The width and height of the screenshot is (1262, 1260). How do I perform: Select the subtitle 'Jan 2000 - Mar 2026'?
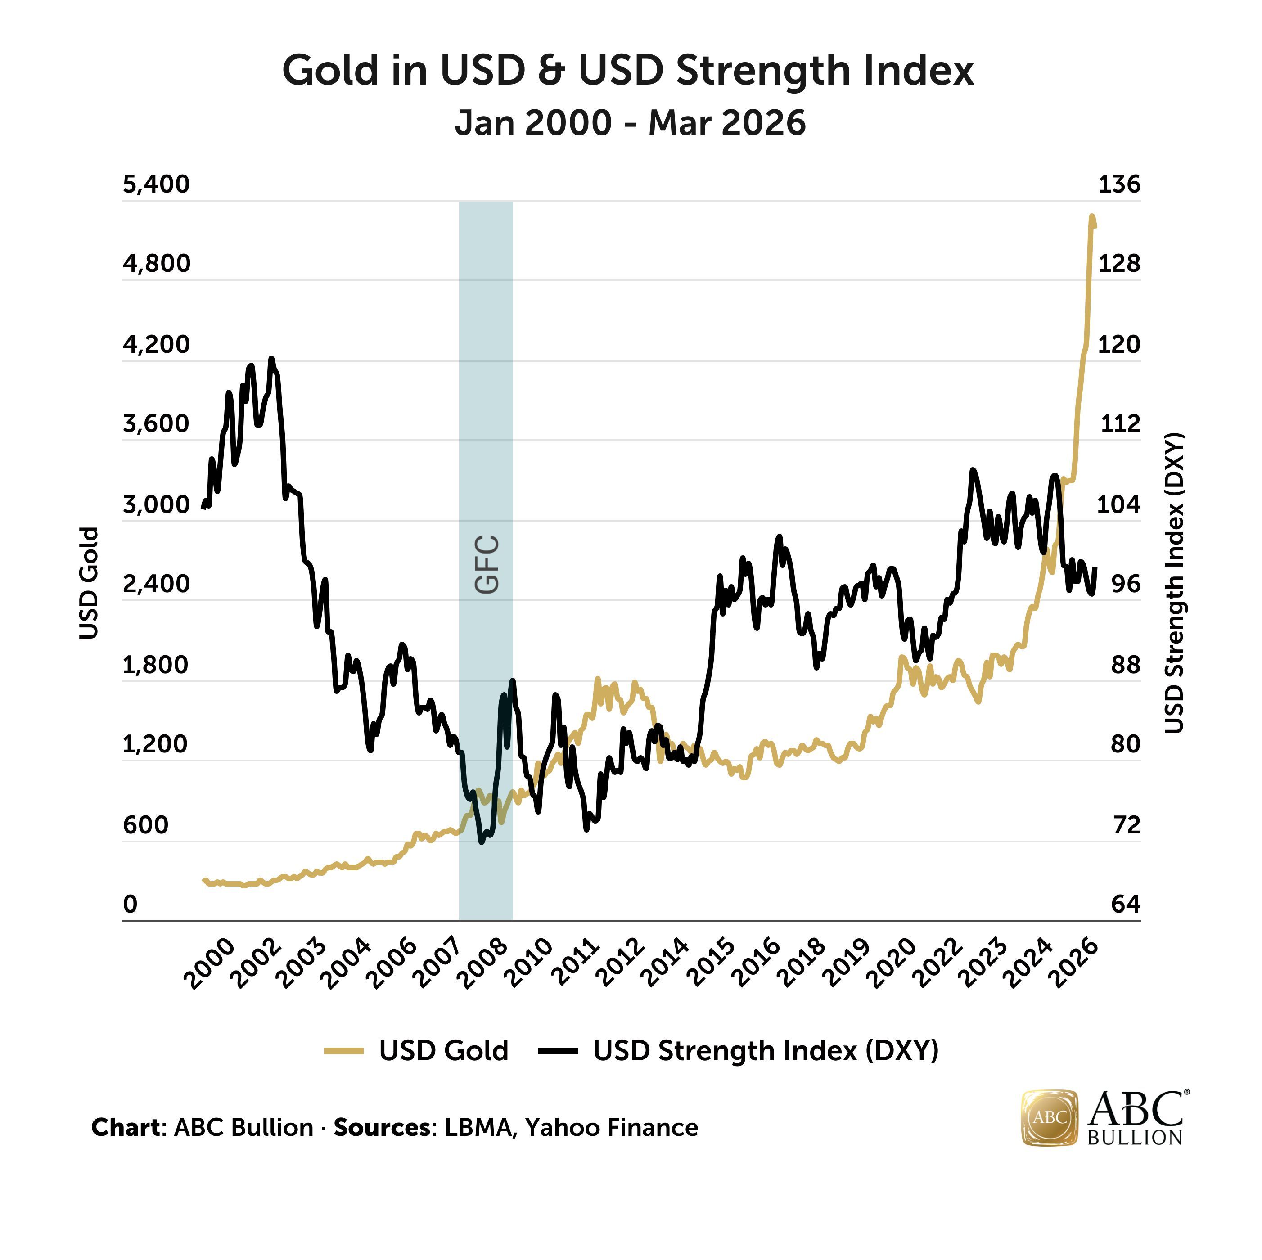click(631, 123)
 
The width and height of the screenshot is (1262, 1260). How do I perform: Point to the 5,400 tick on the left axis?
click(156, 184)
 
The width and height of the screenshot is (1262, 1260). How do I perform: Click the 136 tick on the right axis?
click(1119, 184)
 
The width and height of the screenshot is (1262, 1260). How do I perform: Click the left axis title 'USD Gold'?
click(88, 583)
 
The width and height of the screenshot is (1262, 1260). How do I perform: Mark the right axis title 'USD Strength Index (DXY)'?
click(1174, 583)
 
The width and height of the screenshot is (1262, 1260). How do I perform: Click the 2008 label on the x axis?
click(483, 964)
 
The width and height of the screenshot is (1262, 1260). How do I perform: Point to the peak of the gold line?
click(1091, 216)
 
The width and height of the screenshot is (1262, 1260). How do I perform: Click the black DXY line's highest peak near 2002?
click(272, 359)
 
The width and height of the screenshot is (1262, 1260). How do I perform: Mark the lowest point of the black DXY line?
click(482, 842)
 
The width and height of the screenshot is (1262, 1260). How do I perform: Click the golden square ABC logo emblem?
click(1049, 1118)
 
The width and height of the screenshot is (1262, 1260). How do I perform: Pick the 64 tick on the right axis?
click(1126, 904)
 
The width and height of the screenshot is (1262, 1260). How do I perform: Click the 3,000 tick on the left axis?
click(156, 505)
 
